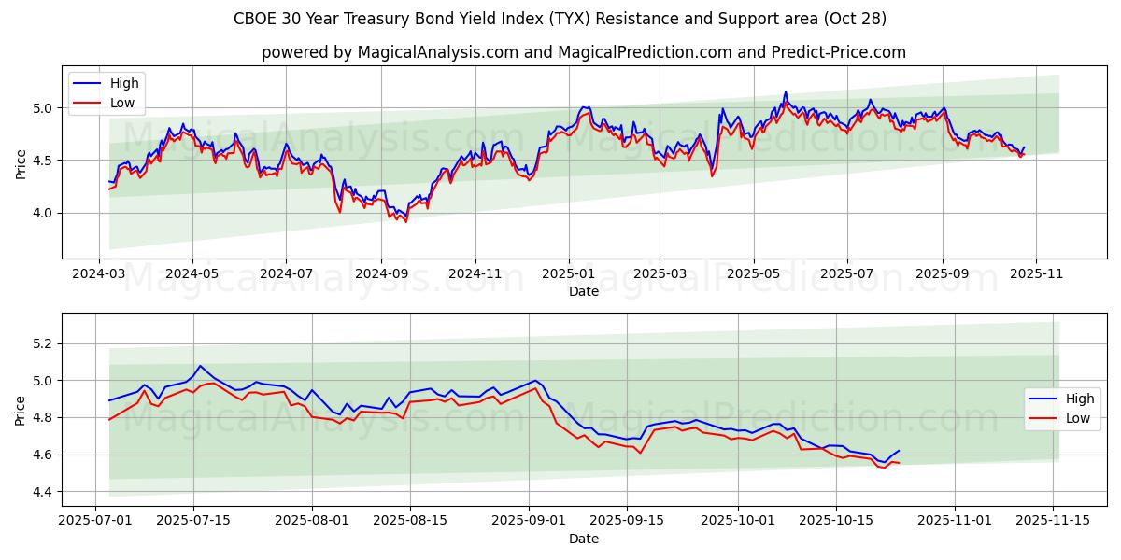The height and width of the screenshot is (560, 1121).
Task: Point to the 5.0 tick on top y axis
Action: click(44, 108)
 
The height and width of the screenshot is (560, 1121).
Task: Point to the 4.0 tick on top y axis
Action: click(44, 213)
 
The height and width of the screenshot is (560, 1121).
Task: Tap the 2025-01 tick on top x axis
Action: click(568, 275)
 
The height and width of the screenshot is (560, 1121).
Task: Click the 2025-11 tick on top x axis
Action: click(1036, 275)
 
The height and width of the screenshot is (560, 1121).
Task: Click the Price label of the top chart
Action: click(21, 163)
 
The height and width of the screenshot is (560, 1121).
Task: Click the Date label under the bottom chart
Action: click(583, 539)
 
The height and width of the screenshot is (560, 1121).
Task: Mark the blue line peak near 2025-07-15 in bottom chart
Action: click(200, 366)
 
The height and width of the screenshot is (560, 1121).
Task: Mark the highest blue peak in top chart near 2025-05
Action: click(786, 91)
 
